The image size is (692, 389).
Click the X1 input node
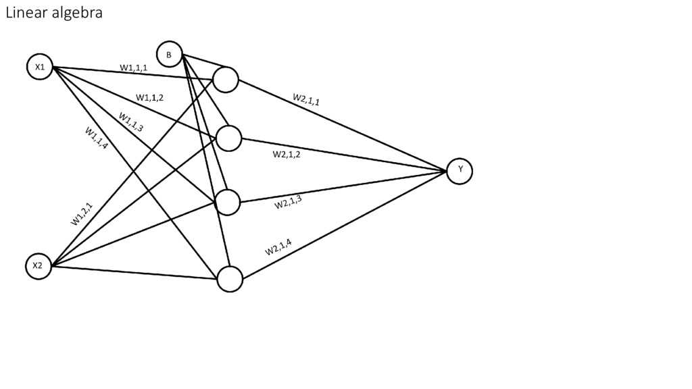(40, 67)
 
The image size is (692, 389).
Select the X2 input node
(38, 266)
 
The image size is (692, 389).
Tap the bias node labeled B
(169, 54)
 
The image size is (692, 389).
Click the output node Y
(460, 170)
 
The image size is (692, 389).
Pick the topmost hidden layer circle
(226, 80)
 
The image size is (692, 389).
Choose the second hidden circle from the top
(229, 138)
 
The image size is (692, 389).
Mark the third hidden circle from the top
(228, 202)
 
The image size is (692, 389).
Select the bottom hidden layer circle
(230, 279)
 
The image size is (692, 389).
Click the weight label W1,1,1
(134, 68)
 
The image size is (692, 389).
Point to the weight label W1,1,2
(149, 98)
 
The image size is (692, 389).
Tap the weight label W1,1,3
(131, 122)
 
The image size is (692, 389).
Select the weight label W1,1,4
(97, 138)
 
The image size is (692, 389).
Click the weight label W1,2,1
(82, 213)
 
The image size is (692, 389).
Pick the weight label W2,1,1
(306, 100)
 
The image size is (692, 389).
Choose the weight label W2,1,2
(287, 155)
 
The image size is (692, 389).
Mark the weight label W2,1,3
(288, 202)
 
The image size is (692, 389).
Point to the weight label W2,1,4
(278, 247)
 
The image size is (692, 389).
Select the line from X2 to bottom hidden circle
(135, 272)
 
